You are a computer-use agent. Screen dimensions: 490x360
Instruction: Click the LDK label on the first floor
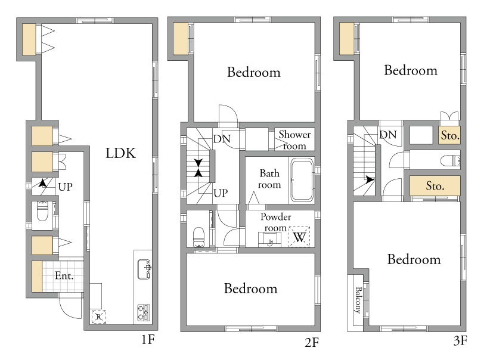[x=120, y=153]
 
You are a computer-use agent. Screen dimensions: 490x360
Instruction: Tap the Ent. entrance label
[x=64, y=275]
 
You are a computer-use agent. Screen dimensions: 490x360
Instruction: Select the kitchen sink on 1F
[x=144, y=269]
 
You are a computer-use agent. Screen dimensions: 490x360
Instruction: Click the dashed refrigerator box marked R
[x=98, y=316]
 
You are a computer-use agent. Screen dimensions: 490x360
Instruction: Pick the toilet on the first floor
[x=42, y=211]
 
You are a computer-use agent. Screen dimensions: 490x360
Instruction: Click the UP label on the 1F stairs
[x=65, y=187]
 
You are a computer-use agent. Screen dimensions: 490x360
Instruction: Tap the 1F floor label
[x=148, y=339]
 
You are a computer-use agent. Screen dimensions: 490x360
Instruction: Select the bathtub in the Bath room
[x=302, y=180]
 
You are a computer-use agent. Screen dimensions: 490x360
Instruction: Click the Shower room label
[x=294, y=140]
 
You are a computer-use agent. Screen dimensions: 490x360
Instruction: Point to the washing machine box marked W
[x=299, y=237]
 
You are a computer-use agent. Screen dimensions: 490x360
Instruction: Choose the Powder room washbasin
[x=270, y=240]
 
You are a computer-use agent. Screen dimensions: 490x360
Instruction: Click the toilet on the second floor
[x=199, y=237]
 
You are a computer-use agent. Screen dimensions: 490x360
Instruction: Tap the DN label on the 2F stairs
[x=222, y=139]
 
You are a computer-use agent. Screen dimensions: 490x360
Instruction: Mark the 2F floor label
[x=312, y=343]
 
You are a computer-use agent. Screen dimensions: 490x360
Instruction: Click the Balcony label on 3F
[x=358, y=300]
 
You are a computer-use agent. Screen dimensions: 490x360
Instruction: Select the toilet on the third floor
[x=450, y=161]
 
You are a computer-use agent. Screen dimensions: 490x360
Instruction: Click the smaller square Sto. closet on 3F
[x=449, y=135]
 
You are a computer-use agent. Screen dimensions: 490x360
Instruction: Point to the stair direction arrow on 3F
[x=370, y=179]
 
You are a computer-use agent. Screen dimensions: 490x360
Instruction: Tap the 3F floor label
[x=460, y=340]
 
